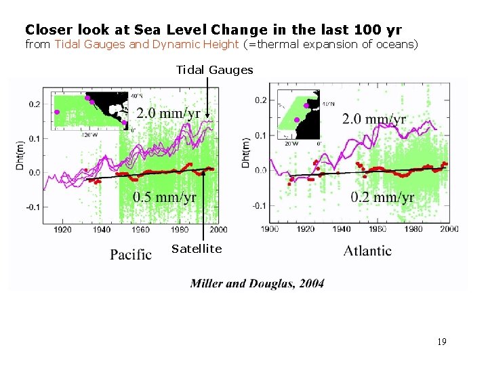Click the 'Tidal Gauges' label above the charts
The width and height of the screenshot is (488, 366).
pyautogui.click(x=214, y=70)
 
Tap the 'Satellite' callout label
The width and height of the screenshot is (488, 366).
pyautogui.click(x=197, y=249)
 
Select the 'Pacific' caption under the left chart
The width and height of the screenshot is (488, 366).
pyautogui.click(x=131, y=254)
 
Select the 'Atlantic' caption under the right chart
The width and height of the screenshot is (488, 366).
pyautogui.click(x=367, y=251)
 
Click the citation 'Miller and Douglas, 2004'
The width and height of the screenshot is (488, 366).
pyautogui.click(x=257, y=283)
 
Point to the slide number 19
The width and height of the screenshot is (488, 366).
pyautogui.click(x=441, y=342)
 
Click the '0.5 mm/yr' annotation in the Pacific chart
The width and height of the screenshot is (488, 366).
pyautogui.click(x=165, y=197)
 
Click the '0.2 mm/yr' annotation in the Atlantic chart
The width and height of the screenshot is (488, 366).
pyautogui.click(x=382, y=197)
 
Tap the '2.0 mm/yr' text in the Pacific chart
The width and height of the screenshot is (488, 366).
pyautogui.click(x=169, y=113)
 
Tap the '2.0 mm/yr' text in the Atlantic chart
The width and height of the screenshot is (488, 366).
pyautogui.click(x=374, y=119)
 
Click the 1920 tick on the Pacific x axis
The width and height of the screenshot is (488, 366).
pyautogui.click(x=62, y=230)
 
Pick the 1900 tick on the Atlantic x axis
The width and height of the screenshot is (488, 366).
pyautogui.click(x=270, y=228)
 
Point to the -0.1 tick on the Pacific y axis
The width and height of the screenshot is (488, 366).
pyautogui.click(x=33, y=207)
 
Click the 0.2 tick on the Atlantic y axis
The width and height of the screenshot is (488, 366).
pyautogui.click(x=260, y=100)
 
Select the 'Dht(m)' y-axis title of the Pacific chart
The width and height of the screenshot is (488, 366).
pyautogui.click(x=20, y=155)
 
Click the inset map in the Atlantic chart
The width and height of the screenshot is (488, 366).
pyautogui.click(x=300, y=113)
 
